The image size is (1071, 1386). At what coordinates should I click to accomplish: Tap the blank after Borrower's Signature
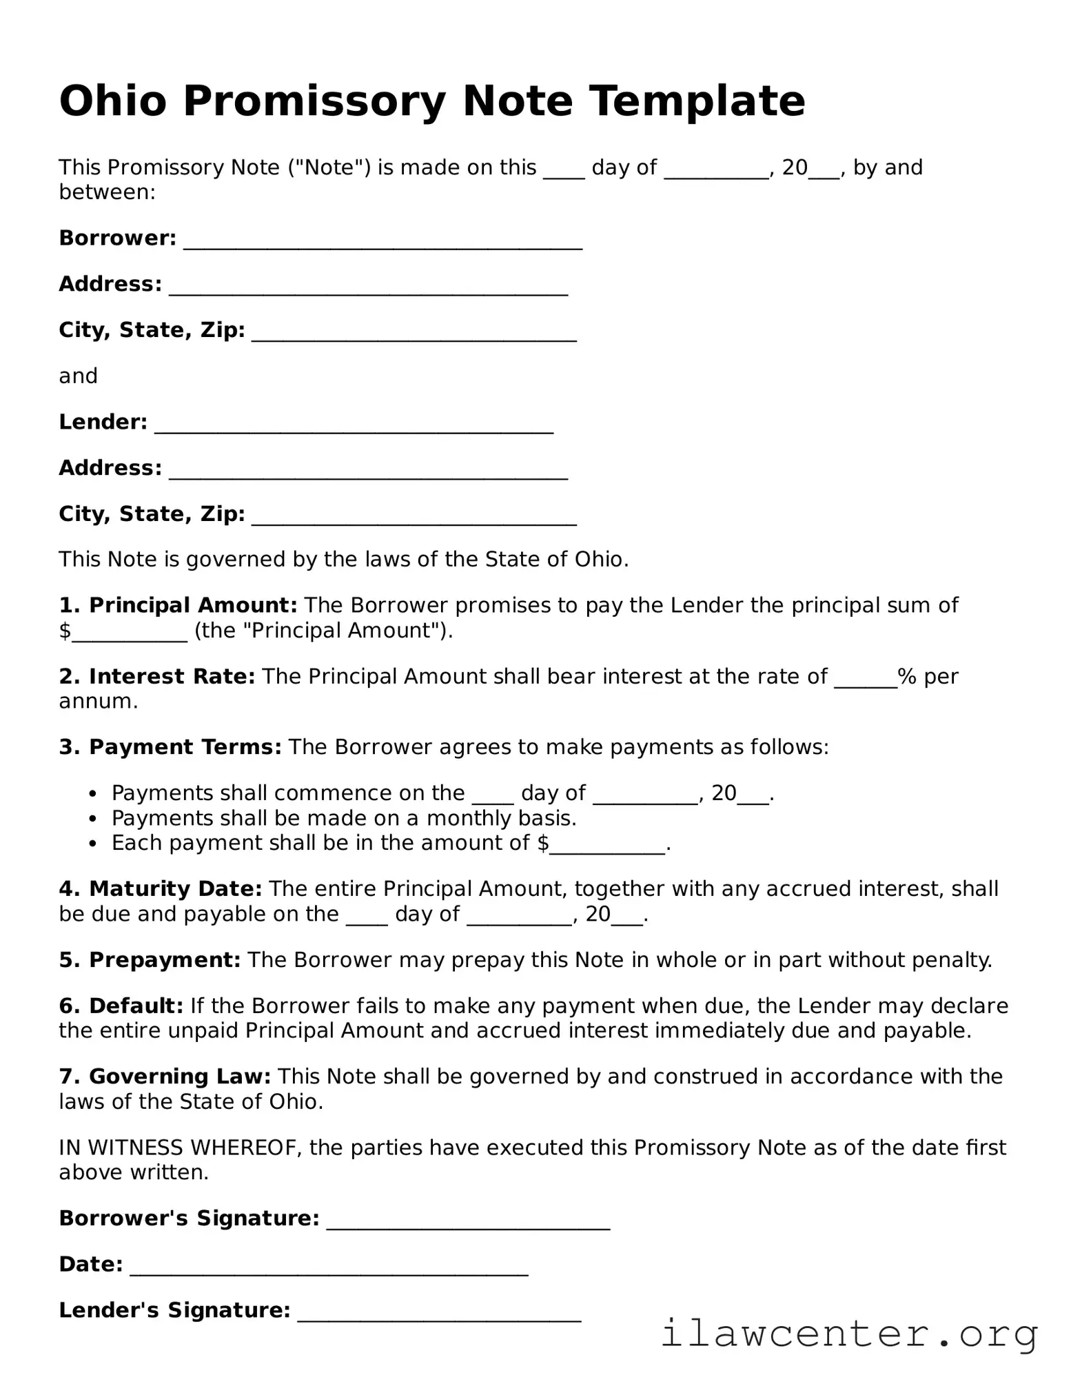click(467, 1221)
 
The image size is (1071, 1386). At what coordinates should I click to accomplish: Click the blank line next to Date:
click(329, 1267)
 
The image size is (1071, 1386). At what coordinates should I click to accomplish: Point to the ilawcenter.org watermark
click(849, 1334)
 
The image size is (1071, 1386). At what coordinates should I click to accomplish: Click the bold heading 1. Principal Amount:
click(178, 606)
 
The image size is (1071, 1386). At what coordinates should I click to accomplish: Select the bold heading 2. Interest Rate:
click(157, 677)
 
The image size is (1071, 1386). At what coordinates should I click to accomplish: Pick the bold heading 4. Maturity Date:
click(160, 889)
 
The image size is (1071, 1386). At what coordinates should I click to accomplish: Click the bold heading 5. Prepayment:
click(150, 960)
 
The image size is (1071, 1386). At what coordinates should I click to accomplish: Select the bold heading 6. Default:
click(121, 1006)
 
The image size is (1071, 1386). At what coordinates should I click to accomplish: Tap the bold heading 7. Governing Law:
click(165, 1077)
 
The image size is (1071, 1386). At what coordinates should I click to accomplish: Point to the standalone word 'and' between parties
click(78, 376)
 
